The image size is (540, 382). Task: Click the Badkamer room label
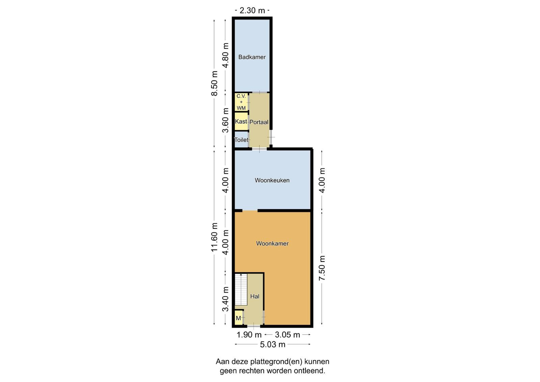point(252,57)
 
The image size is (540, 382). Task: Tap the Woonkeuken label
point(272,180)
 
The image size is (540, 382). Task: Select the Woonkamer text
point(272,243)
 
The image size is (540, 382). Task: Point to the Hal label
point(255,296)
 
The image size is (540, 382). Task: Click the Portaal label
point(259,122)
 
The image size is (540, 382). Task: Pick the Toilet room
point(241,140)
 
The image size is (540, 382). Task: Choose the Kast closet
point(241,121)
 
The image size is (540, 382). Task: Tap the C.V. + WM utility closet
point(241,102)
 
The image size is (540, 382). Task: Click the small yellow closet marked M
point(239,318)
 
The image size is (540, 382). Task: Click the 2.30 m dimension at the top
point(252,10)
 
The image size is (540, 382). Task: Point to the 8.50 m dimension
point(214,83)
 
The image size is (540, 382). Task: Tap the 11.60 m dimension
point(214,237)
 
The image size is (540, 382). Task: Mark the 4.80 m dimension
point(225,55)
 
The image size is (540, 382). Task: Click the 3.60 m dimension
point(225,120)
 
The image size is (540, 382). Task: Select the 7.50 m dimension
point(322,268)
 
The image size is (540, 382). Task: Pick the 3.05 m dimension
point(287,335)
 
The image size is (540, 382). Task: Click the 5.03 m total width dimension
point(273,345)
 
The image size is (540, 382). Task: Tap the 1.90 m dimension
point(249,335)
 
